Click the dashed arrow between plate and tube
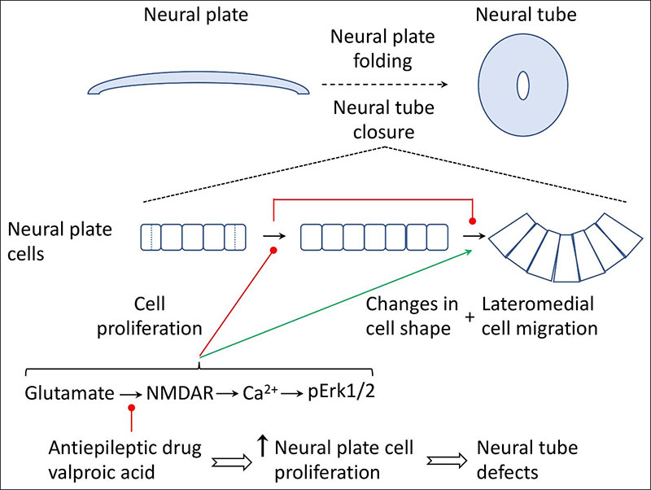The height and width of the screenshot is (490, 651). (x=382, y=84)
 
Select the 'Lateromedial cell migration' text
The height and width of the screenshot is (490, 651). (x=540, y=317)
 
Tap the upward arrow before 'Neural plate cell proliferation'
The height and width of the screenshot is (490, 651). (x=262, y=447)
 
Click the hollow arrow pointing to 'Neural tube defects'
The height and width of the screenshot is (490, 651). (x=444, y=461)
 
